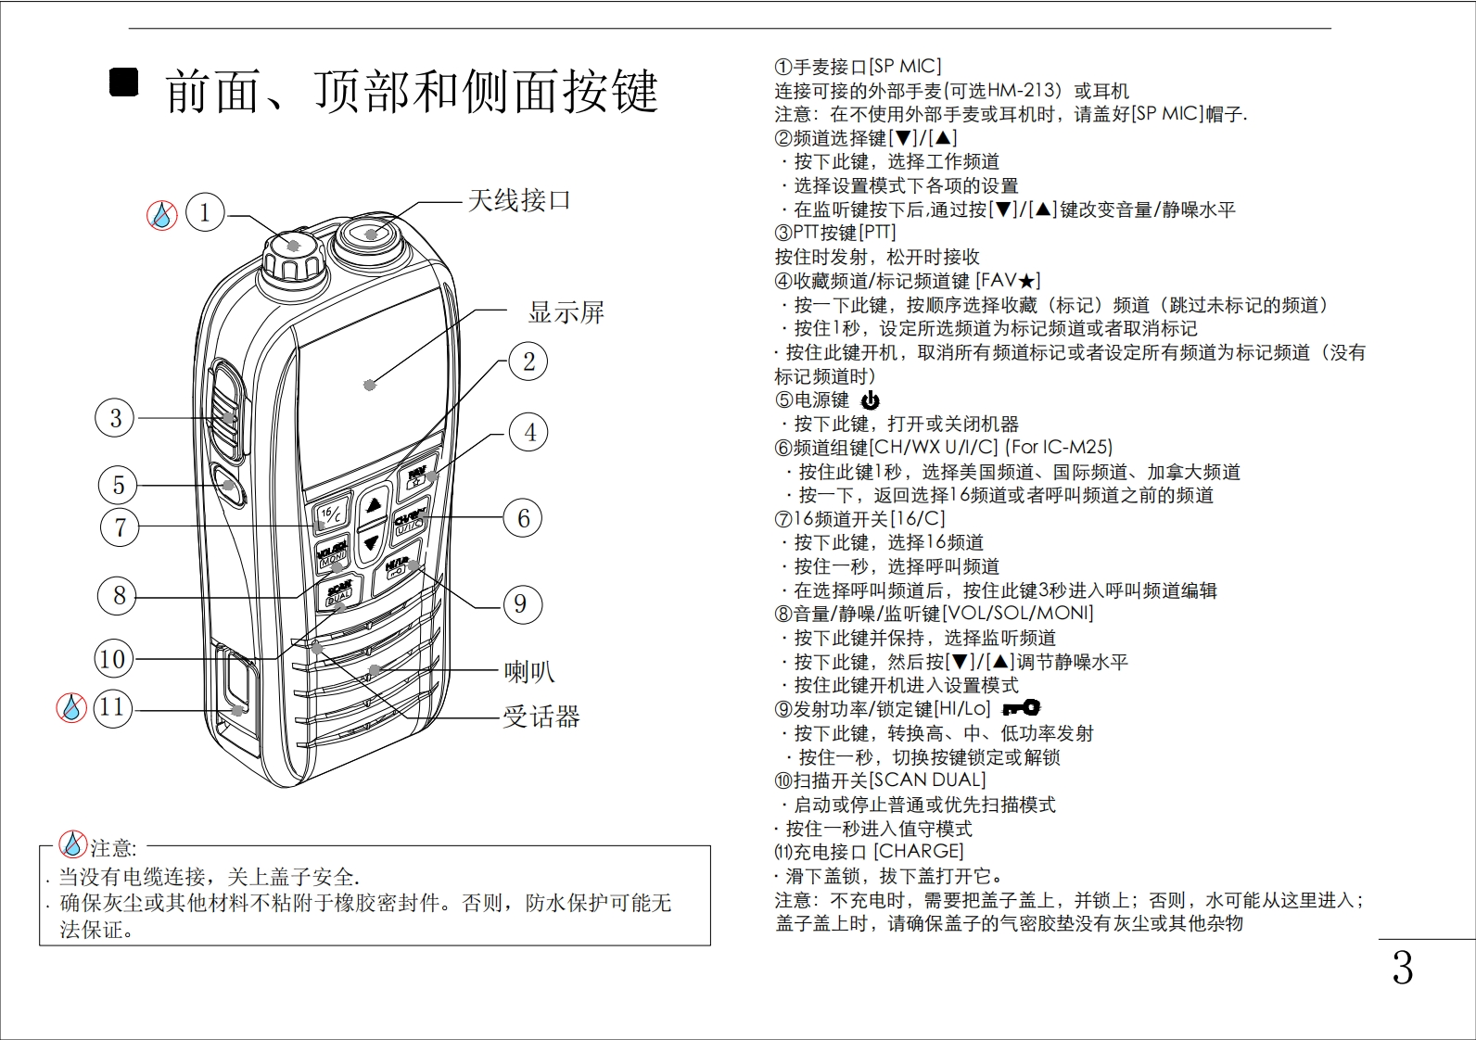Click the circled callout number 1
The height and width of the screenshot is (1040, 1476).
[x=205, y=212]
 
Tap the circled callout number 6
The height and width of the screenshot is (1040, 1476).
[x=523, y=518]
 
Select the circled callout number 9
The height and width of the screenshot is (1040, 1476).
[x=520, y=604]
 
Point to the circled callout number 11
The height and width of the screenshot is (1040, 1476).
[x=112, y=707]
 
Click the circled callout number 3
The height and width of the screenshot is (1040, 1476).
[x=115, y=418]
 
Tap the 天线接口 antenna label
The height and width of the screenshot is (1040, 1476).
[x=519, y=200]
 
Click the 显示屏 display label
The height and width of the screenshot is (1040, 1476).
[x=566, y=312]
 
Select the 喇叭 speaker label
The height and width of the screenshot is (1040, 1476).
[x=529, y=671]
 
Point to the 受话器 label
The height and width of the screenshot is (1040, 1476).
[x=541, y=717]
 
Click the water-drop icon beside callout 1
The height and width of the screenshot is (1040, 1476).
[x=162, y=216]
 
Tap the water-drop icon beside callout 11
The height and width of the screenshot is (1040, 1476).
[x=71, y=708]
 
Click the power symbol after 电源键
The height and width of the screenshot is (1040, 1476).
[x=870, y=400]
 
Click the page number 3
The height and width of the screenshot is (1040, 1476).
[x=1402, y=968]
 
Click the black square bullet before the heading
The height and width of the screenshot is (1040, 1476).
[x=123, y=83]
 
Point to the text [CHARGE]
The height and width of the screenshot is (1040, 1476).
[x=919, y=851]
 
